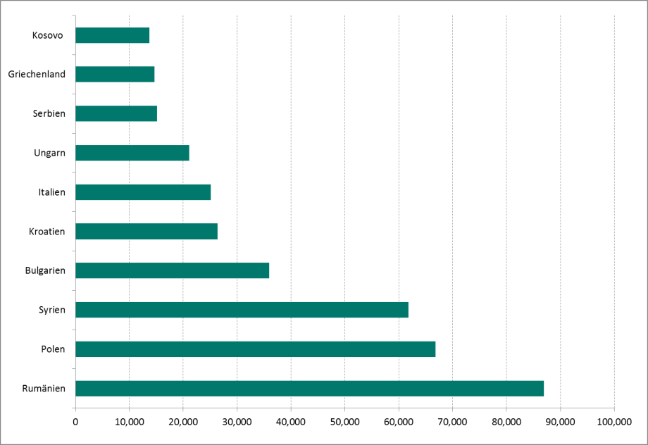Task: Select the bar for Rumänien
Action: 309,389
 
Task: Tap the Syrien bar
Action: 242,310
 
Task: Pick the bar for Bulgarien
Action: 172,270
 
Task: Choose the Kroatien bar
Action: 146,231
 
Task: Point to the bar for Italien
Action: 143,192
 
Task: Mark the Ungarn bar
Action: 132,152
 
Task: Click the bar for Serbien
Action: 116,113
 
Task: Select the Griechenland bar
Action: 115,74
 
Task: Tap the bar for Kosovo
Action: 112,35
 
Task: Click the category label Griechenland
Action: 37,74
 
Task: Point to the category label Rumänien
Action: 44,389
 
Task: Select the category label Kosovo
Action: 47,35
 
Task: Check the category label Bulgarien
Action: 44,270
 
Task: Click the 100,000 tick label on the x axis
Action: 613,422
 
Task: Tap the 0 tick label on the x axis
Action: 75,422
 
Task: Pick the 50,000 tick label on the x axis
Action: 344,422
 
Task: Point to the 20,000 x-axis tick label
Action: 183,422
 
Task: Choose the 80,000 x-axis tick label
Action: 506,422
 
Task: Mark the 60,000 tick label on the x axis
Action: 399,422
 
